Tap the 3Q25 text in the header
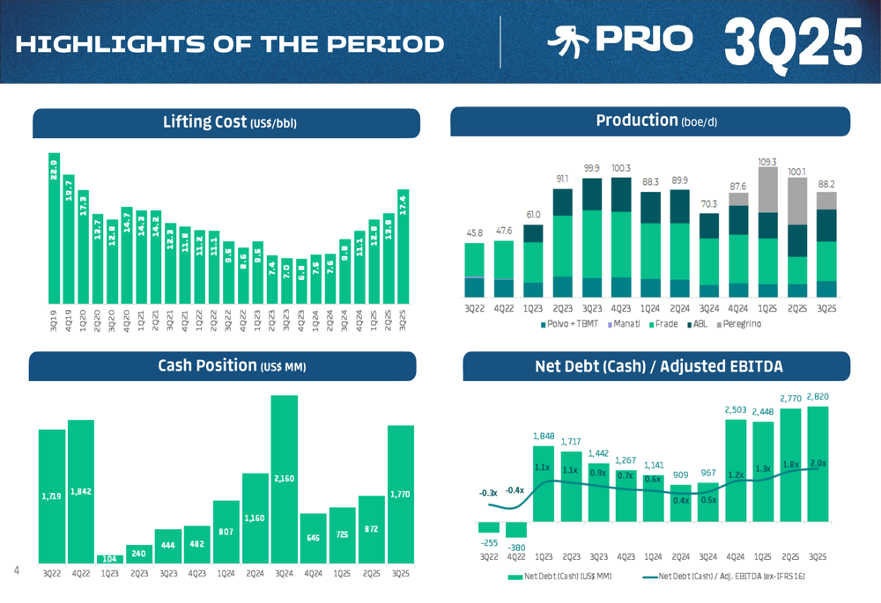(792, 41)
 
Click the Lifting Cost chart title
(229, 121)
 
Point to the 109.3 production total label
(767, 162)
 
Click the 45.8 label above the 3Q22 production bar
(474, 233)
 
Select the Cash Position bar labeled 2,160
(284, 479)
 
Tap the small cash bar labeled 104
(108, 558)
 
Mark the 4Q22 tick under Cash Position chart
(80, 574)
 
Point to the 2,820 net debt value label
(818, 397)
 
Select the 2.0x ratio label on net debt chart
(818, 463)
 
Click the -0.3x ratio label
(488, 493)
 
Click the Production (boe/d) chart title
(655, 121)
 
